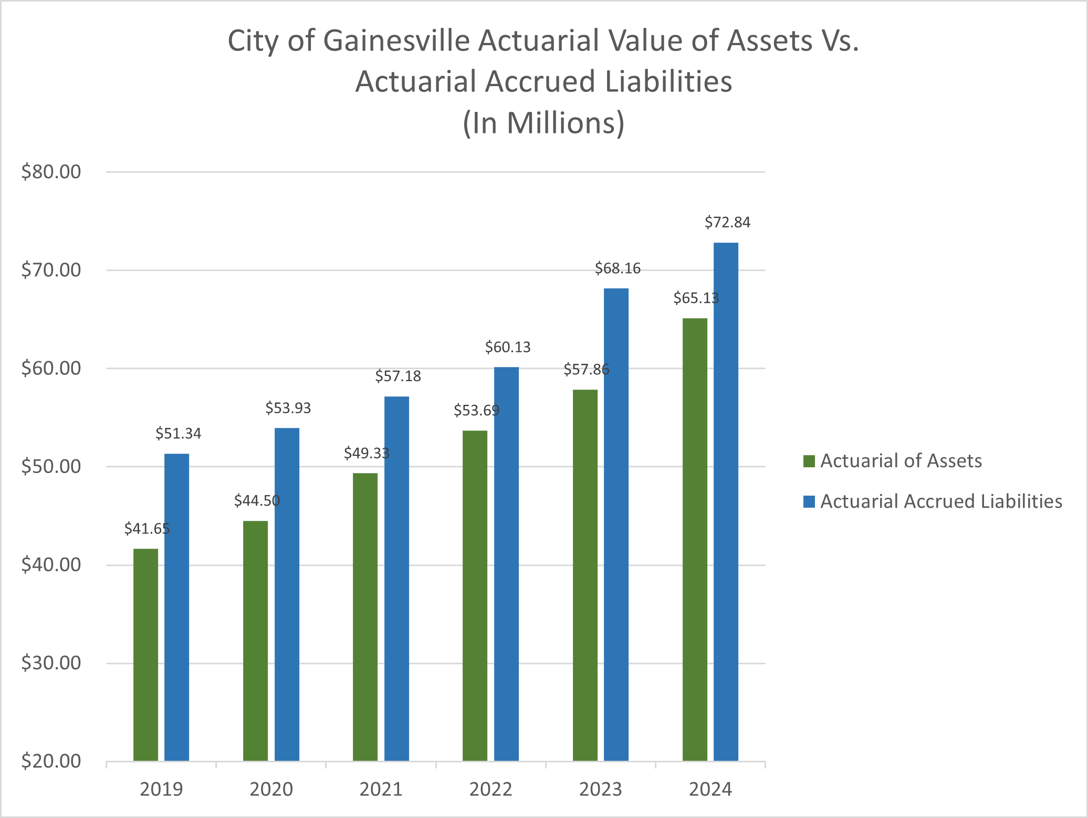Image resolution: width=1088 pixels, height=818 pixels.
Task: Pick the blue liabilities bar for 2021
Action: tap(396, 578)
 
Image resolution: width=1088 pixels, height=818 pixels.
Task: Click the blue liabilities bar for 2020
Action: tap(287, 594)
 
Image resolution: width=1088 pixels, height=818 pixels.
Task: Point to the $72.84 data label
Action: tap(727, 223)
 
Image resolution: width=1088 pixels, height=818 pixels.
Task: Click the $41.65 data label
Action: tap(147, 529)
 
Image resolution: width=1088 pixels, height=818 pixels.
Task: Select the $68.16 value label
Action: tap(618, 269)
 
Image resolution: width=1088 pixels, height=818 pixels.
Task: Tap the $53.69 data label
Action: tap(476, 411)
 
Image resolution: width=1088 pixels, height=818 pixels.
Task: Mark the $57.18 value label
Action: tap(398, 376)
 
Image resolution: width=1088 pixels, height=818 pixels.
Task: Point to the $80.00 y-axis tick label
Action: tap(51, 172)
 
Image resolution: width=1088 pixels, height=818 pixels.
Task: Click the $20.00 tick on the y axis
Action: tap(51, 761)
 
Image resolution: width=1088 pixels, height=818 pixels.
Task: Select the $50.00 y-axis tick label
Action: tap(51, 467)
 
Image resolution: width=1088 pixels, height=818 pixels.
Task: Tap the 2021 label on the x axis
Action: tap(381, 790)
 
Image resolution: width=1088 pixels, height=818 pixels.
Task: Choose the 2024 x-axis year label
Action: tap(710, 790)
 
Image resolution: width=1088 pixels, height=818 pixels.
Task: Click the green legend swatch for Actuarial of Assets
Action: tap(809, 461)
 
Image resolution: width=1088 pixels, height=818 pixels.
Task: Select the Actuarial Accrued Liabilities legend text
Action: tap(941, 501)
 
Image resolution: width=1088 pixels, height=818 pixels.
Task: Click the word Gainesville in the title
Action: tap(396, 41)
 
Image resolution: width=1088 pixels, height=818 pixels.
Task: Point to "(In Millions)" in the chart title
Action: tap(543, 123)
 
